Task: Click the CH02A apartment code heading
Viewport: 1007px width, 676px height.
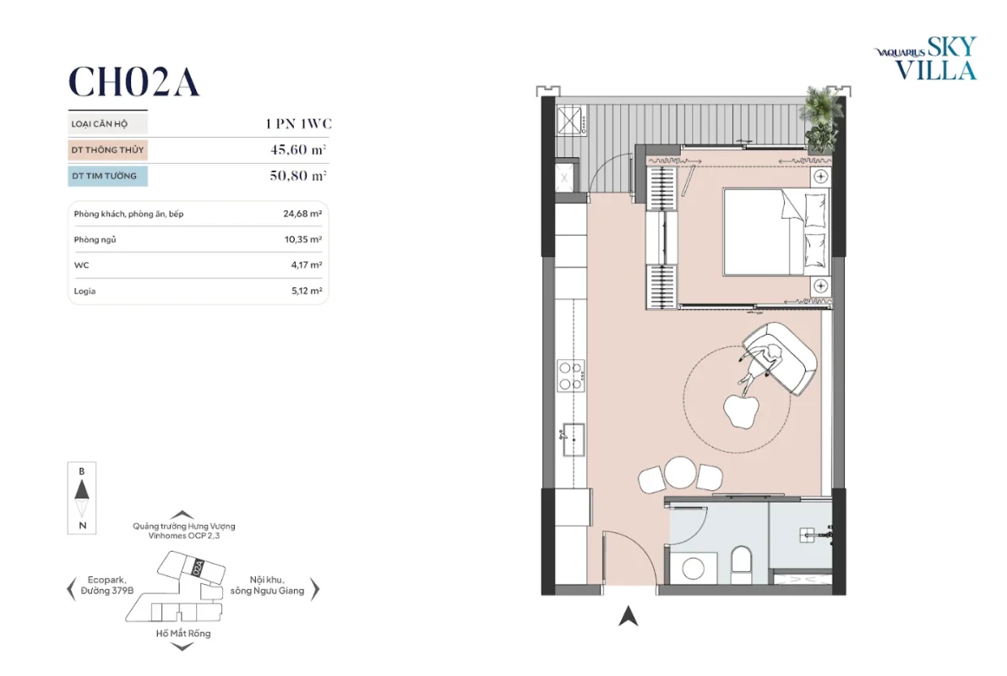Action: [x=133, y=82]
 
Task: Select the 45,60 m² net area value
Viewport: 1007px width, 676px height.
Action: [x=298, y=150]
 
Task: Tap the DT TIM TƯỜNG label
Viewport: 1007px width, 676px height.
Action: [x=104, y=176]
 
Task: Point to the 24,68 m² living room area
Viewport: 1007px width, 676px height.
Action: [x=302, y=214]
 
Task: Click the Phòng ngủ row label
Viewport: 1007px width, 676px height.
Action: [x=95, y=240]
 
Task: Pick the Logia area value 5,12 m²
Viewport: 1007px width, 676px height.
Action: [x=307, y=291]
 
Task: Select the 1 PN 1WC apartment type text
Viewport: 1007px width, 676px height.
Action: [x=298, y=123]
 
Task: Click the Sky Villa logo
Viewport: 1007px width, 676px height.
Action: [x=925, y=58]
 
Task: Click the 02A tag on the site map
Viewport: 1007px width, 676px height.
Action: [x=199, y=567]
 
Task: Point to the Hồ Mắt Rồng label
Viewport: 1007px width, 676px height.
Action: [x=183, y=634]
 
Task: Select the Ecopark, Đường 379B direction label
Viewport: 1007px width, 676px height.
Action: [x=107, y=586]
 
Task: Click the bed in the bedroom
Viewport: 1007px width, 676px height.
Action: [x=776, y=232]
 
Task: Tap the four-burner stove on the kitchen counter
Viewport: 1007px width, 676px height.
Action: [x=570, y=376]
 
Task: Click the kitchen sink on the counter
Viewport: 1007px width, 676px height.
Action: [x=573, y=439]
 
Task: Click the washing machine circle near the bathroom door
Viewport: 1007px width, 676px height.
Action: [x=694, y=569]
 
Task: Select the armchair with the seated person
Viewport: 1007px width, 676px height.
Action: [x=779, y=358]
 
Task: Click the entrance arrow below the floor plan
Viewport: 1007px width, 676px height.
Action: [x=628, y=616]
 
